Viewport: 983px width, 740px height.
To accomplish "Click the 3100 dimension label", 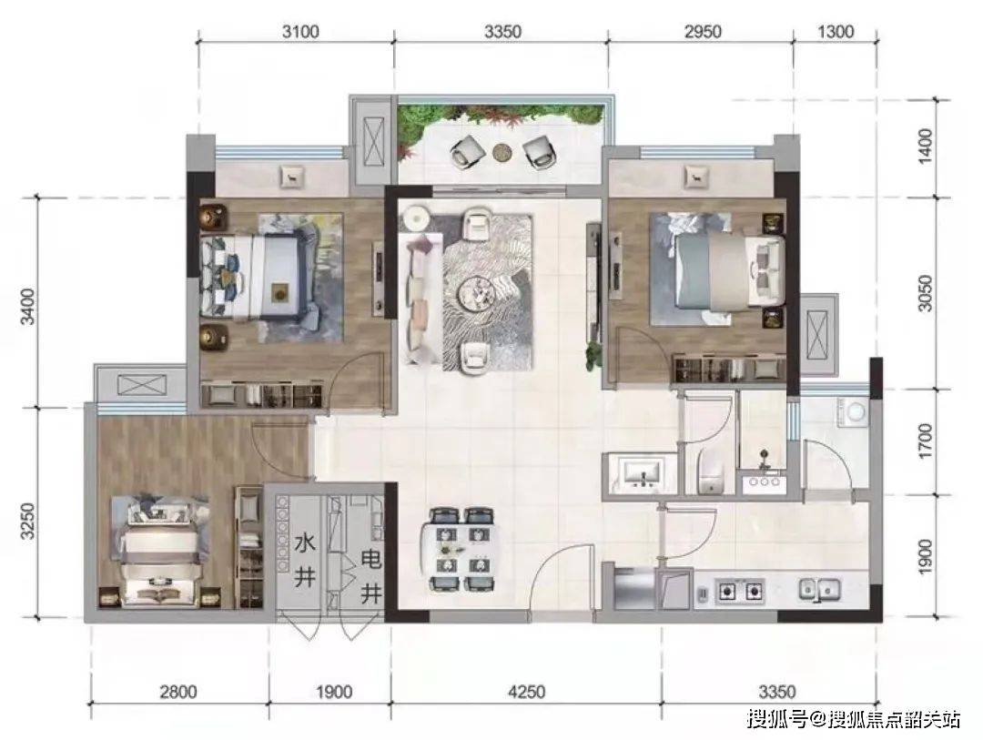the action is pyautogui.click(x=300, y=31).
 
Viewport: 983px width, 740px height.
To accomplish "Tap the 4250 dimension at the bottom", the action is pyautogui.click(x=527, y=692).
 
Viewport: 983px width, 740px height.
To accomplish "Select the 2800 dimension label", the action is pyautogui.click(x=178, y=692).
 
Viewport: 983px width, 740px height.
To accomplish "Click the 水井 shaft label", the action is pyautogui.click(x=305, y=560).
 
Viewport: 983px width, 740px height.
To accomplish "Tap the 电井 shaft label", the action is pyautogui.click(x=370, y=575).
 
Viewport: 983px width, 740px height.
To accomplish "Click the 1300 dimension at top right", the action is pyautogui.click(x=836, y=31).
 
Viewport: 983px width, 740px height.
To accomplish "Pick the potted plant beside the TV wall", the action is pyautogui.click(x=593, y=356).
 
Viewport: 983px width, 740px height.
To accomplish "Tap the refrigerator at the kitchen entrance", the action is pyautogui.click(x=633, y=588).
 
